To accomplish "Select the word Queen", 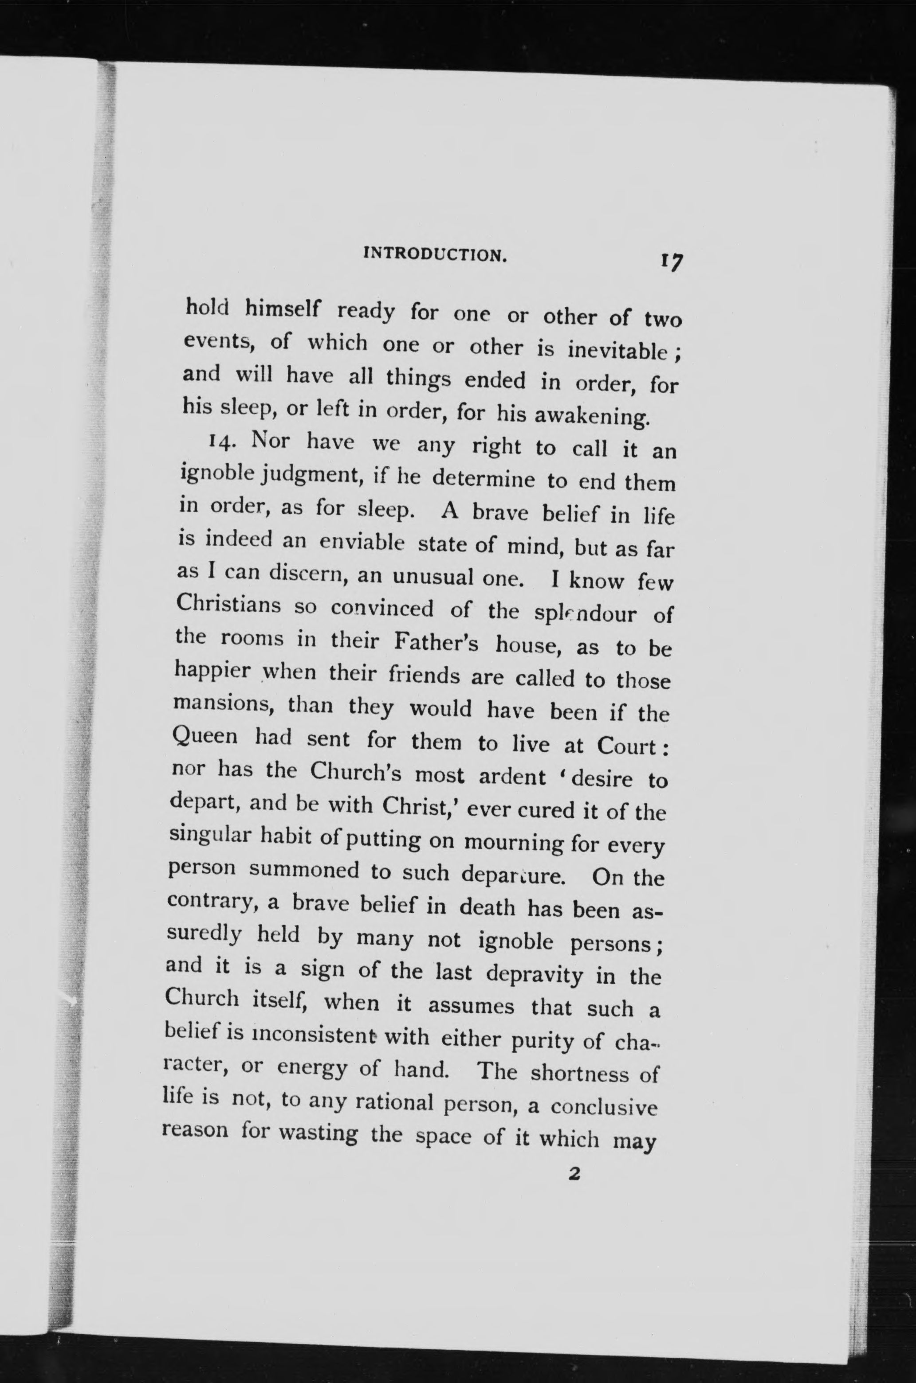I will tap(206, 737).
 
